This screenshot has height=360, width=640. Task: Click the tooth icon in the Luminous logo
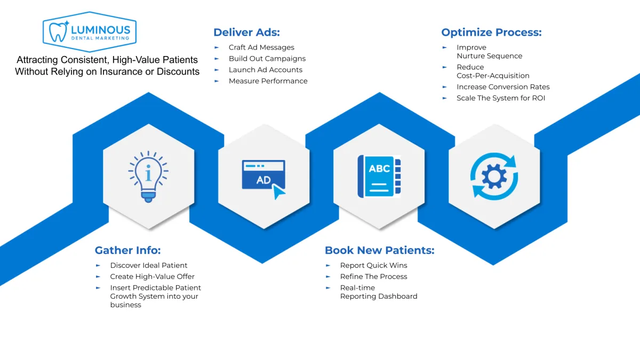click(x=56, y=31)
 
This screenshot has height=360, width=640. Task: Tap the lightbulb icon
click(x=148, y=175)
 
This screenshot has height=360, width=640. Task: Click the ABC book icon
click(x=379, y=176)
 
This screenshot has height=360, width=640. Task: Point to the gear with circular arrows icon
click(x=494, y=177)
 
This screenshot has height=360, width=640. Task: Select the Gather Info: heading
click(x=127, y=250)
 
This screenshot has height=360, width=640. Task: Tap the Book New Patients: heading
click(x=379, y=250)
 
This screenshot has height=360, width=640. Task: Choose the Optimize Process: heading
click(x=491, y=32)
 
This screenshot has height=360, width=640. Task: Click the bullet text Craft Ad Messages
click(x=261, y=47)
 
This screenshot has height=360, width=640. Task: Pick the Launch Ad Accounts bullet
click(x=265, y=70)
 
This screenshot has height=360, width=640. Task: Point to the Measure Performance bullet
click(x=268, y=81)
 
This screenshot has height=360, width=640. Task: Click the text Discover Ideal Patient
click(x=149, y=265)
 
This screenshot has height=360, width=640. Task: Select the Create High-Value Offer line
click(x=152, y=276)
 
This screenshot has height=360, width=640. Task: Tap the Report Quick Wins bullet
click(x=373, y=265)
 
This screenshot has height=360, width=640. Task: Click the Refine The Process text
click(x=373, y=276)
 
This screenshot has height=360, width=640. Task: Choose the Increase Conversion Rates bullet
click(x=503, y=87)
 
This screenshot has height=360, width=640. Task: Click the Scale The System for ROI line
click(x=501, y=98)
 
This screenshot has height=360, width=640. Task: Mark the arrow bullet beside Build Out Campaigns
click(x=217, y=59)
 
